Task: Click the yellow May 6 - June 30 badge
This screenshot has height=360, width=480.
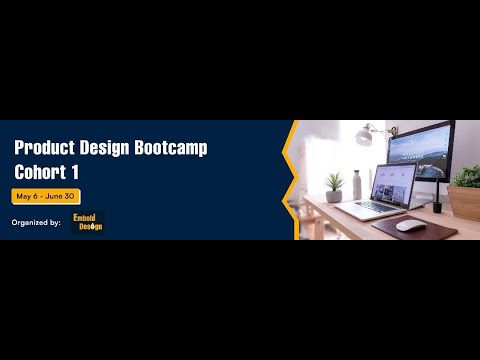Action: tap(46, 196)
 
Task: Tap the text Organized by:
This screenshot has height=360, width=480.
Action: tap(36, 222)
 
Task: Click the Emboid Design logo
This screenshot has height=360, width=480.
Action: tap(88, 221)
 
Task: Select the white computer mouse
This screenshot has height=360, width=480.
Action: tap(410, 225)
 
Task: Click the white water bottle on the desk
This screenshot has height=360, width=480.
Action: tap(357, 185)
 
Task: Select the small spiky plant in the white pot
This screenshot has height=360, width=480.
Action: tap(334, 183)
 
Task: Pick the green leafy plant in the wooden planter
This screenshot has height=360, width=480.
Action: tap(466, 176)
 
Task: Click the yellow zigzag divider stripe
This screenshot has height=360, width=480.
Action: tap(288, 180)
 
